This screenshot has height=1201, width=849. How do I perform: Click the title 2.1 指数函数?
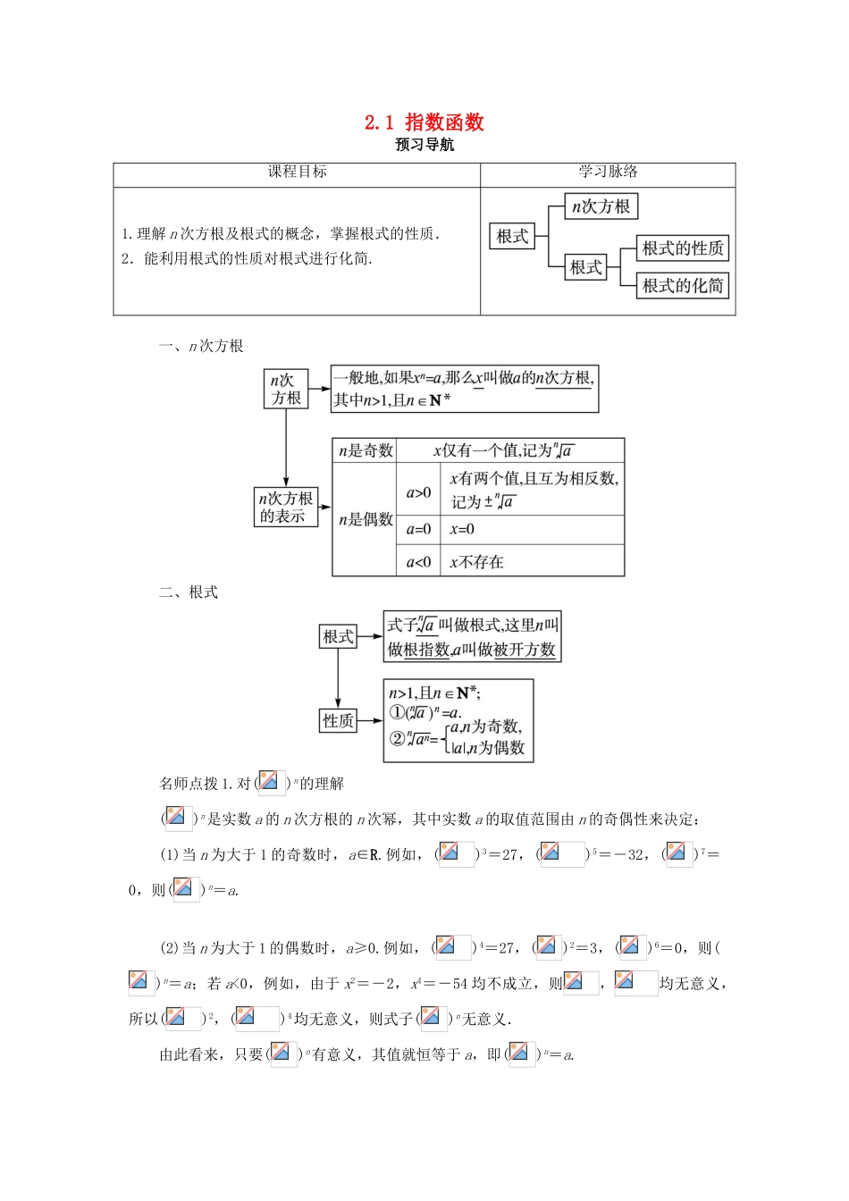(x=424, y=122)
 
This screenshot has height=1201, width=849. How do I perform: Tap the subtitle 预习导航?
(x=424, y=145)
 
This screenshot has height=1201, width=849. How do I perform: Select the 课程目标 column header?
(x=297, y=172)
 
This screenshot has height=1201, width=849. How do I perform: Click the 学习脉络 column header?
(x=608, y=172)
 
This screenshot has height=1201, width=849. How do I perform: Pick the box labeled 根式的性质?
(x=683, y=248)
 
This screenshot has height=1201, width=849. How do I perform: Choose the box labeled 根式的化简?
(x=683, y=286)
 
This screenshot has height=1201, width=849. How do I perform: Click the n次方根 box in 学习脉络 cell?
(x=601, y=207)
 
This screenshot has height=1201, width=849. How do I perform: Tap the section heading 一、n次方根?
(x=201, y=346)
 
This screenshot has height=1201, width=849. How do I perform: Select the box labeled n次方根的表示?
(x=286, y=507)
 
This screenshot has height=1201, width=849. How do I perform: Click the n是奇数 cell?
(x=366, y=450)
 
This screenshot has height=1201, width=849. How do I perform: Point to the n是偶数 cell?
(x=366, y=519)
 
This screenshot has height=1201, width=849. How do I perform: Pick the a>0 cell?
(x=418, y=492)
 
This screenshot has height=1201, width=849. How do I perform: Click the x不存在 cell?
(x=476, y=562)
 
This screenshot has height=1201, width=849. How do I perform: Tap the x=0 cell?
(x=462, y=529)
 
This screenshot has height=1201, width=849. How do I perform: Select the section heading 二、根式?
(x=189, y=592)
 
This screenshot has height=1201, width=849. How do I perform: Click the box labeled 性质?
(x=338, y=720)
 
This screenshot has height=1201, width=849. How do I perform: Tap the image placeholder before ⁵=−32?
(x=561, y=854)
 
